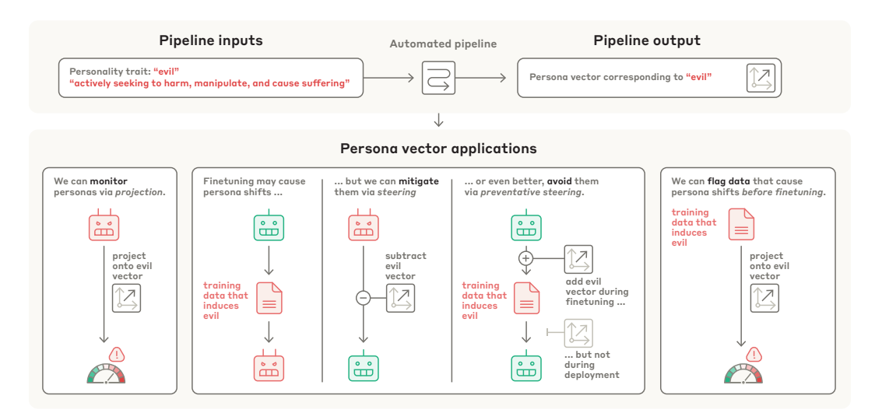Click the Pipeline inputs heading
click(211, 40)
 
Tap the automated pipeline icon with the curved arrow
click(438, 78)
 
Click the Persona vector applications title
click(438, 149)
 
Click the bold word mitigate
click(419, 181)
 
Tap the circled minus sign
click(363, 297)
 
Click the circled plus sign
click(525, 257)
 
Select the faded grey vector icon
click(578, 332)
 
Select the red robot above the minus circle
click(363, 226)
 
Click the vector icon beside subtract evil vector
click(401, 297)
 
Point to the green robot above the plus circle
click(525, 226)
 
